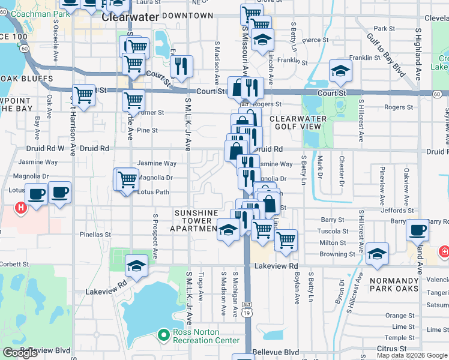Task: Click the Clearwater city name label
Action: pyautogui.click(x=130, y=17)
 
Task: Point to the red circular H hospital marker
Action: pyautogui.click(x=21, y=208)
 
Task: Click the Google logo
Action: pyautogui.click(x=20, y=353)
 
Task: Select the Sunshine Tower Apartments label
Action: pyautogui.click(x=195, y=221)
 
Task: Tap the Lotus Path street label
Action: pyautogui.click(x=154, y=193)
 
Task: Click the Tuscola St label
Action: pyautogui.click(x=333, y=232)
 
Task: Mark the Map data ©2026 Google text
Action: pyautogui.click(x=412, y=355)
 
